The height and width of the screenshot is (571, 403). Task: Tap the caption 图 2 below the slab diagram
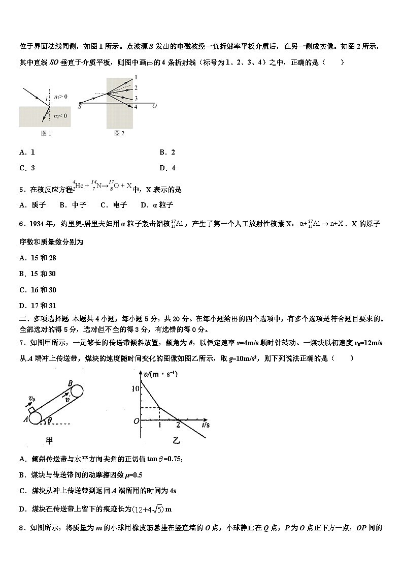coord(119,133)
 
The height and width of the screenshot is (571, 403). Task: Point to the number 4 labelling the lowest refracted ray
coord(136,107)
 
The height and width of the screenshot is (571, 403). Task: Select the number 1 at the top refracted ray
coord(136,77)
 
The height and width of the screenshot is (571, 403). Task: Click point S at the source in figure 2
coord(80,106)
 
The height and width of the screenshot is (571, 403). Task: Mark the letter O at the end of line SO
coord(154,106)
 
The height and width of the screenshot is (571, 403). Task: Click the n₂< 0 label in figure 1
coord(60,116)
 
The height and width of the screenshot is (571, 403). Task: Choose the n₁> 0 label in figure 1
coord(60,96)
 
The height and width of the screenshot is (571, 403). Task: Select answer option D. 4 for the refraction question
coord(167,168)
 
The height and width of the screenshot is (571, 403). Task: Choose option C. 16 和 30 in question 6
coord(38,290)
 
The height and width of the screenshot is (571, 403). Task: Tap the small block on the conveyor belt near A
coord(32,410)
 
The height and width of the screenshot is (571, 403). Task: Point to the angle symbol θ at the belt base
coord(49,420)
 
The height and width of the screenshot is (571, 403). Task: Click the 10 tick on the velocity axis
coord(135,388)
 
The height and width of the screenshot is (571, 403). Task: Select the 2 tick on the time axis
coord(178,426)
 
